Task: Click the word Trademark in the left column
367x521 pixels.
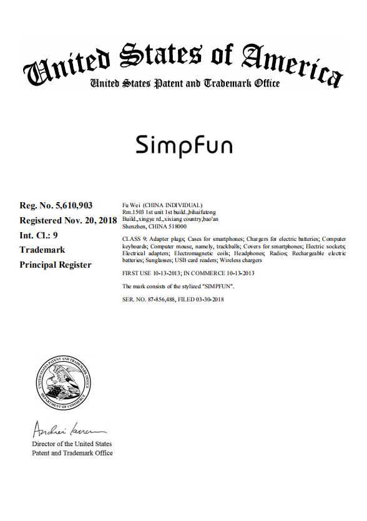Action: coord(42,250)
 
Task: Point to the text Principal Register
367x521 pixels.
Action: coord(56,265)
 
